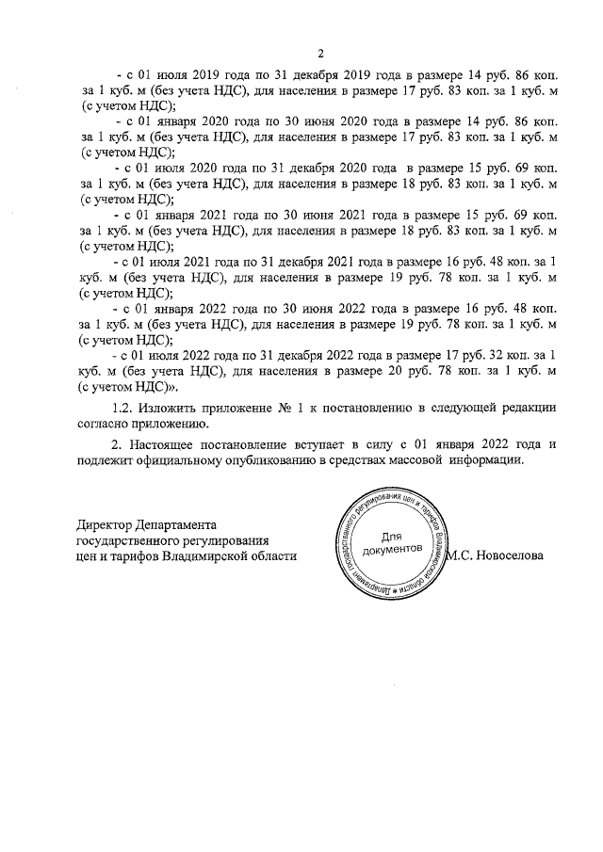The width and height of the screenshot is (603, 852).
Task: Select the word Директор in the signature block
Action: (x=106, y=523)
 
